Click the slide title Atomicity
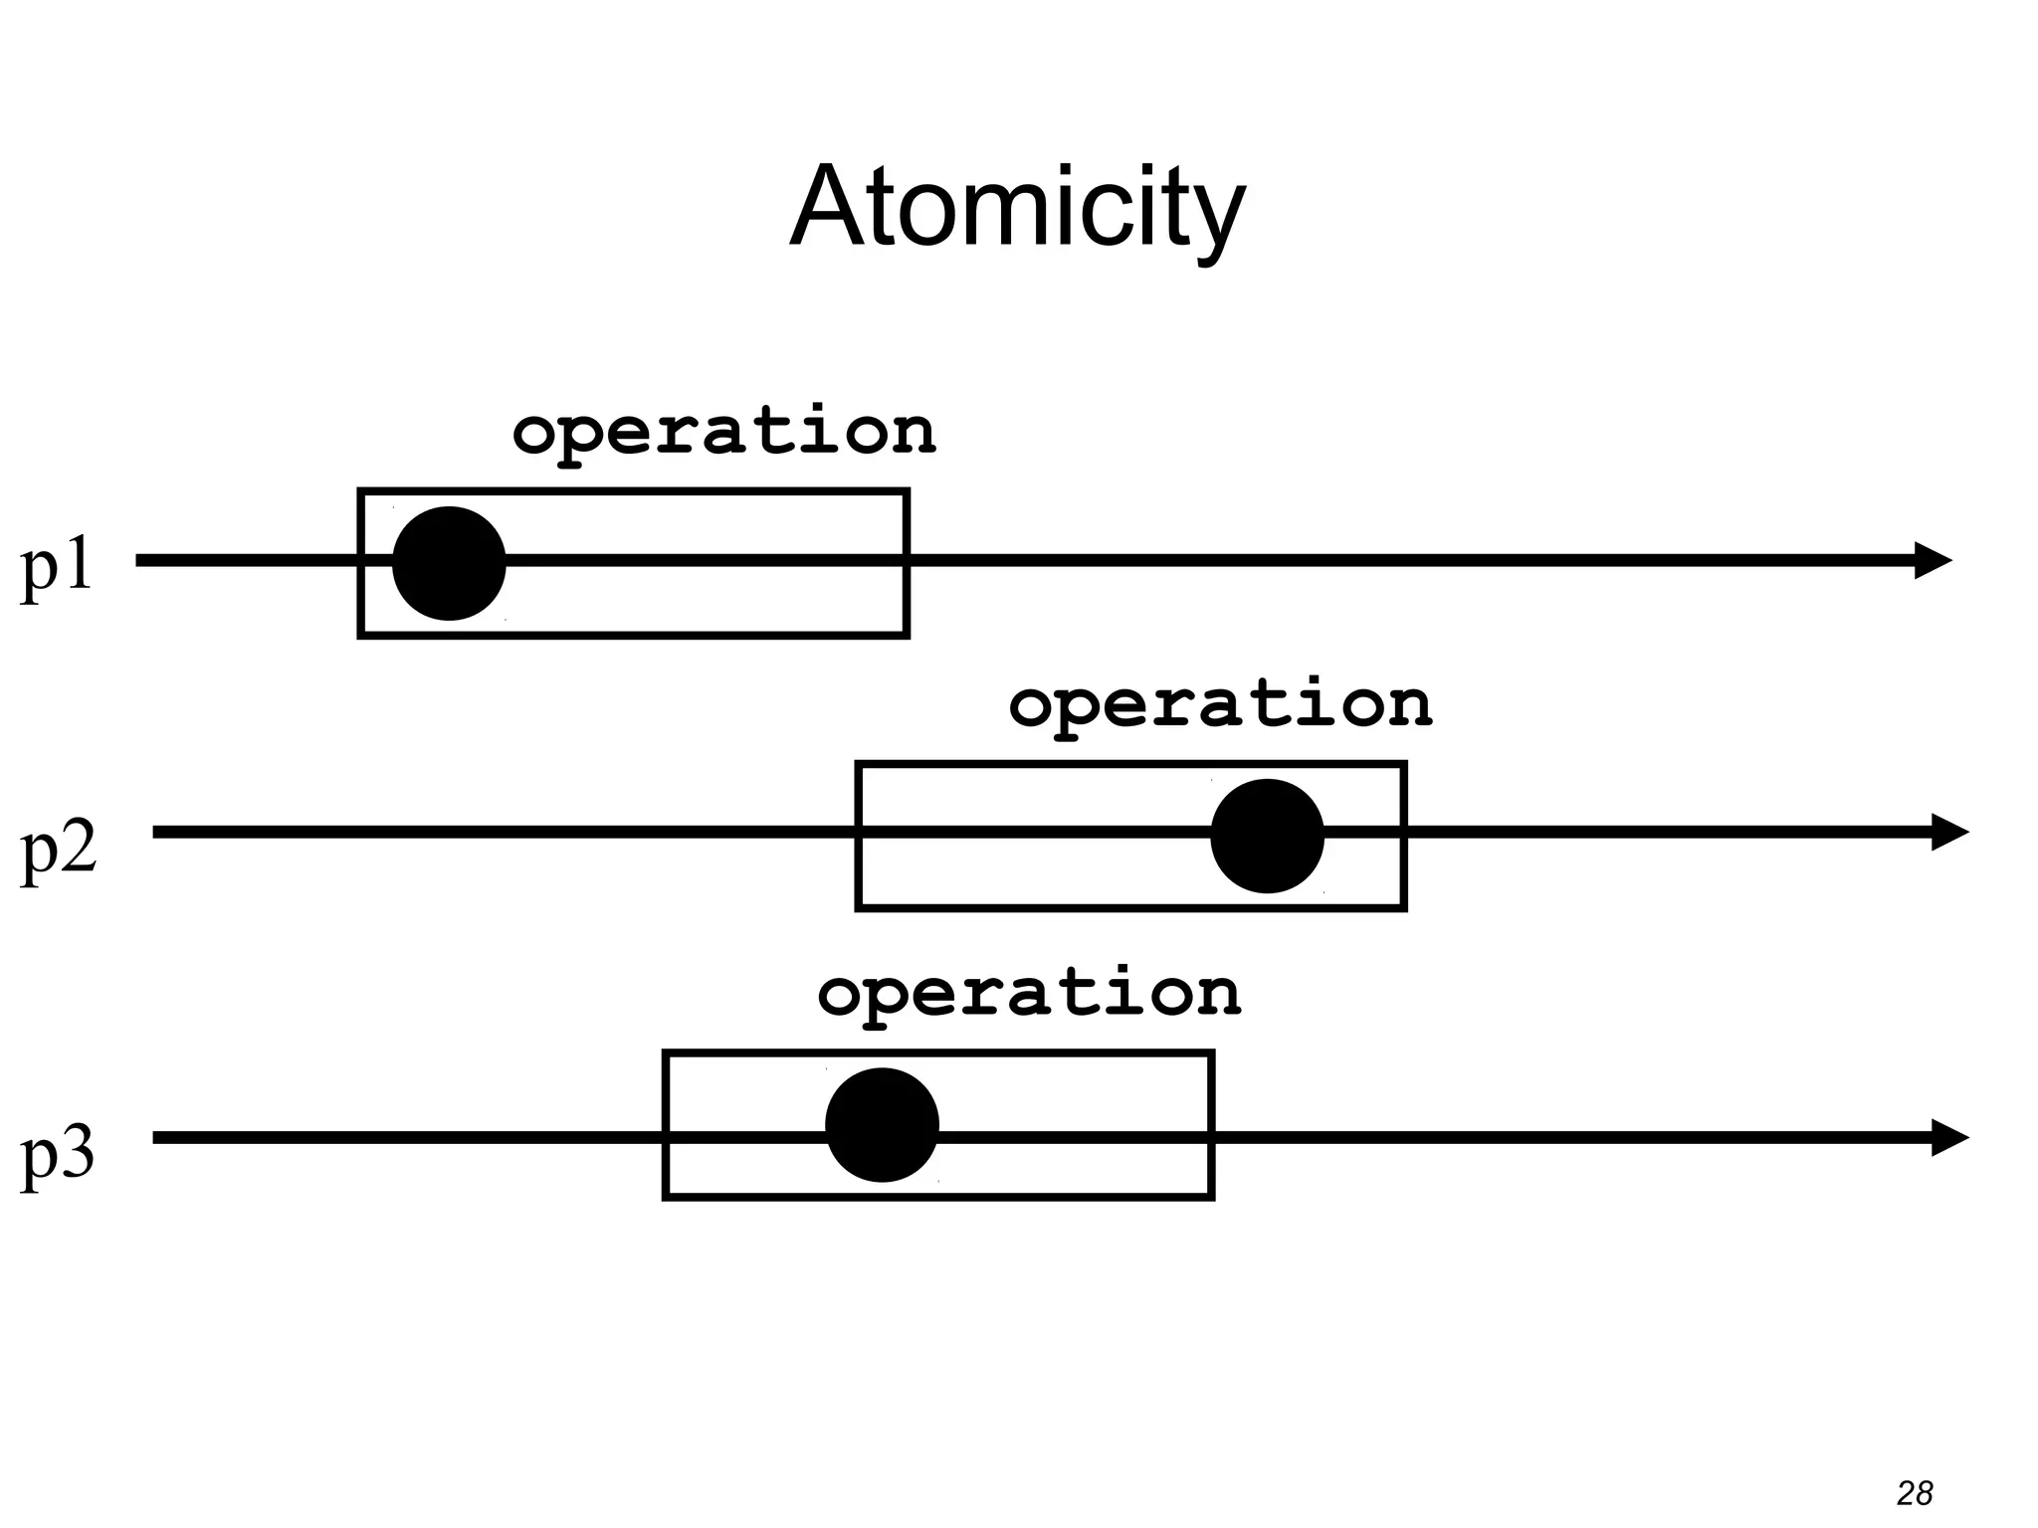(x=1017, y=209)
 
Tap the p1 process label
(x=57, y=567)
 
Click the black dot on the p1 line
(x=450, y=563)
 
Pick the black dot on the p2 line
(x=1267, y=836)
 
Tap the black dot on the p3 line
(x=882, y=1125)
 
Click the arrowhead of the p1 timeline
(x=1933, y=561)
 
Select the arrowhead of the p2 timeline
(x=1949, y=832)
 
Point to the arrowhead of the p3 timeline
(x=1949, y=1137)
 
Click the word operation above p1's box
(x=723, y=432)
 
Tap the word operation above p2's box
(x=1220, y=705)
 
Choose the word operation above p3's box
(x=1029, y=994)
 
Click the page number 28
(x=1915, y=1493)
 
